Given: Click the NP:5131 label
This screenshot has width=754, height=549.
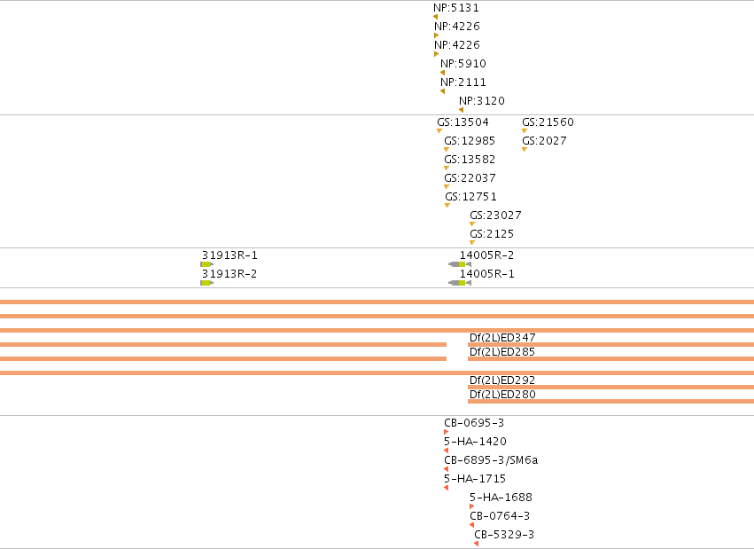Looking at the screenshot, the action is (456, 8).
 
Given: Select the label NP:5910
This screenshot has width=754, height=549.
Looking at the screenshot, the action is (463, 64).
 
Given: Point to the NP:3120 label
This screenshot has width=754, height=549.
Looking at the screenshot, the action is (482, 101).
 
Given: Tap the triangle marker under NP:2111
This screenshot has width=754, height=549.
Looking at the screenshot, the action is (442, 91).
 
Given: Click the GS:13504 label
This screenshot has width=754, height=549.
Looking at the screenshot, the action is (463, 122).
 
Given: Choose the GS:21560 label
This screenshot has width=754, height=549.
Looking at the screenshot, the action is (548, 122).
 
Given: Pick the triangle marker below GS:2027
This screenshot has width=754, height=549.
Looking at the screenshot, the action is (525, 150).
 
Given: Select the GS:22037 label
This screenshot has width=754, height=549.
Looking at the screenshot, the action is (470, 178).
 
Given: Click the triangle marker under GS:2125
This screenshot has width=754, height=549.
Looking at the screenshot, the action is (472, 242).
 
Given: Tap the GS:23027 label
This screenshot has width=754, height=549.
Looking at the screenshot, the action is (495, 216).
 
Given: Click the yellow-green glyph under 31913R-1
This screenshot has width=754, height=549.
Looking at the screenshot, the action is (206, 264).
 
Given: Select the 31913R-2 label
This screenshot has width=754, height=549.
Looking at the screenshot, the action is (229, 274).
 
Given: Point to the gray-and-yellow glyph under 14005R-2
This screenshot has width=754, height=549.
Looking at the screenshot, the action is (460, 264).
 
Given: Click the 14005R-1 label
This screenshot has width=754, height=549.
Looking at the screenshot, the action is (487, 274).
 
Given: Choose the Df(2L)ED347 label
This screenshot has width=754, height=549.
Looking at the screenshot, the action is (502, 338).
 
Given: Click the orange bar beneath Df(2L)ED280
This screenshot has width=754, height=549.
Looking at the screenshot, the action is (610, 401).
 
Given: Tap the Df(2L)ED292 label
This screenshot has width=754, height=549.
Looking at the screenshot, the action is (502, 380).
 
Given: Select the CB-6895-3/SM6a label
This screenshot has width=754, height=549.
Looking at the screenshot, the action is (491, 460).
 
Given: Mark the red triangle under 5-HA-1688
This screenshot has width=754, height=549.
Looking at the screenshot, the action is (471, 506).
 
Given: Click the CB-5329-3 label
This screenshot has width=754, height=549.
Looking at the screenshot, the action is (504, 535).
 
